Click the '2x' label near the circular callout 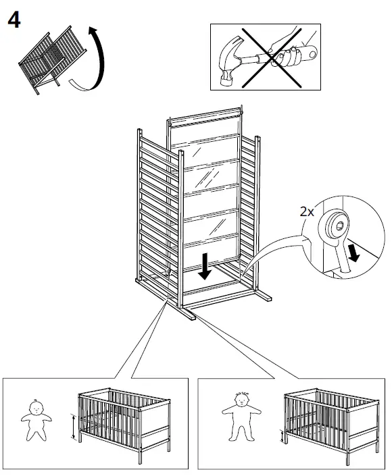308,211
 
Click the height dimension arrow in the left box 73,427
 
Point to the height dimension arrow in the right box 280,437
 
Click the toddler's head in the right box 242,400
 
